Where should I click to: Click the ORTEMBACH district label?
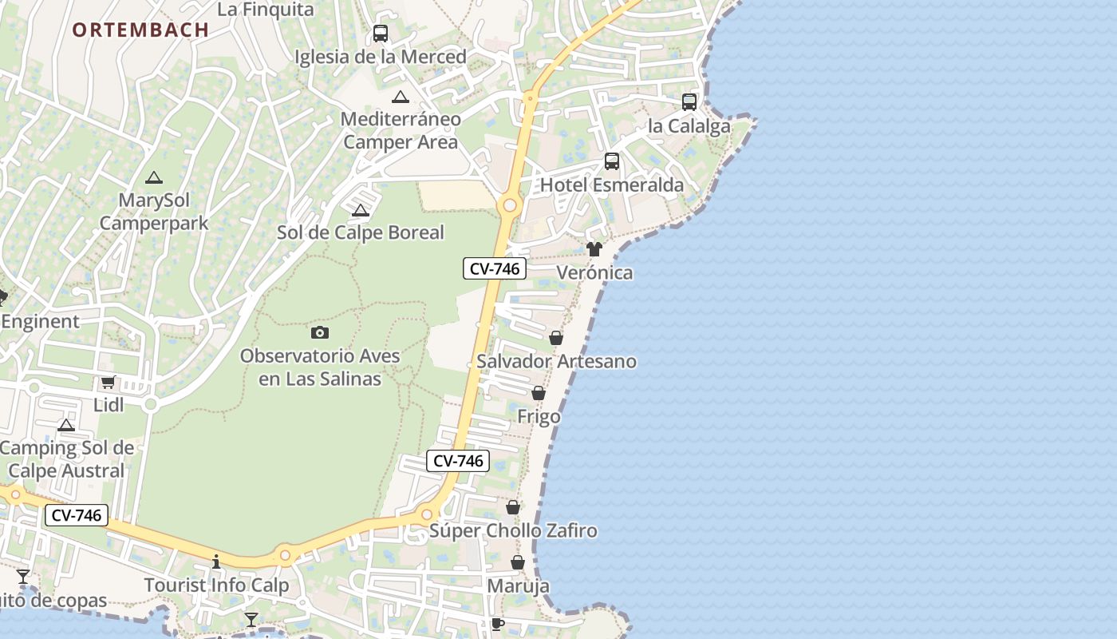click(x=140, y=30)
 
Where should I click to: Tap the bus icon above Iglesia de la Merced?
click(x=381, y=34)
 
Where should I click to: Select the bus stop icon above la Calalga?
click(x=689, y=102)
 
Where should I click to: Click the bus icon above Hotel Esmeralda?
click(x=612, y=161)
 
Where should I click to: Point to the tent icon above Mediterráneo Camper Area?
click(x=401, y=97)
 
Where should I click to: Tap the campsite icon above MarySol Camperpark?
click(x=154, y=177)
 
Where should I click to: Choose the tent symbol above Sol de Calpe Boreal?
click(x=361, y=211)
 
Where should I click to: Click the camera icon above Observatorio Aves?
click(x=320, y=332)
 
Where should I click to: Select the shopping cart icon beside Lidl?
click(x=109, y=383)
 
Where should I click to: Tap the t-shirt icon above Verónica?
click(x=594, y=249)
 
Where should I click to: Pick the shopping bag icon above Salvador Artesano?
click(x=556, y=338)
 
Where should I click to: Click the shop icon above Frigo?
click(x=539, y=394)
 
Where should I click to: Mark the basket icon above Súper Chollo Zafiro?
click(x=513, y=507)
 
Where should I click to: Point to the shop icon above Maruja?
click(x=518, y=563)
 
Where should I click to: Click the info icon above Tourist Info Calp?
click(x=215, y=562)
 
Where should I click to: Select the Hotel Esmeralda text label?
click(x=612, y=185)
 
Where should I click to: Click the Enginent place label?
click(x=41, y=322)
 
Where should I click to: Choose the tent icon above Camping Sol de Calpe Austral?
click(x=66, y=425)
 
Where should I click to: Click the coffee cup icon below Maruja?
click(x=498, y=624)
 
